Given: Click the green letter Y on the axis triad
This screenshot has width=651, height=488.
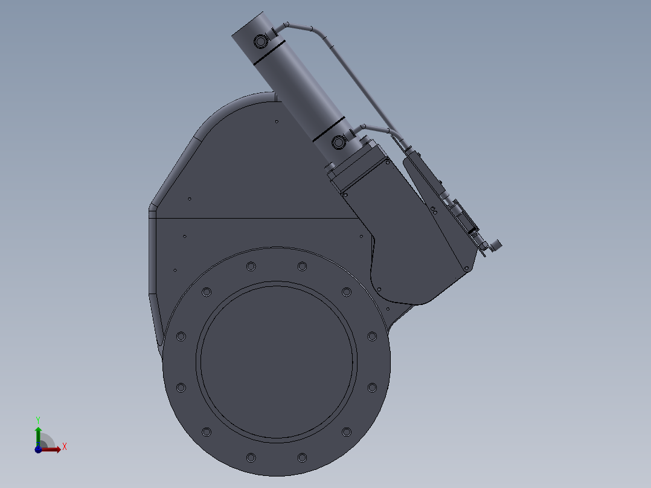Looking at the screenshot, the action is coord(38,420).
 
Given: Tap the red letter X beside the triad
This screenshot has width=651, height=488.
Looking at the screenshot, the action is coord(65,447).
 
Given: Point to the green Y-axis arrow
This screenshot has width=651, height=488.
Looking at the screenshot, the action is coord(38,436).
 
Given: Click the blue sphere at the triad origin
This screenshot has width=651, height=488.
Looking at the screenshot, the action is coord(38,449).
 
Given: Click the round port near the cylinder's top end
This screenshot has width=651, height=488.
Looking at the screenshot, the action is coord(260,41).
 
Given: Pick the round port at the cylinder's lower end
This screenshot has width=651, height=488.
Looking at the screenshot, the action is coord(338,143).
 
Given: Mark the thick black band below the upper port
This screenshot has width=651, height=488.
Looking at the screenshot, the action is coord(269,53).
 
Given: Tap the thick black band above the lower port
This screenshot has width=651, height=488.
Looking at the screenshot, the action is coord(329,129).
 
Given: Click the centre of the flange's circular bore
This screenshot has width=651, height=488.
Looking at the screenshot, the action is coord(277,362).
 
